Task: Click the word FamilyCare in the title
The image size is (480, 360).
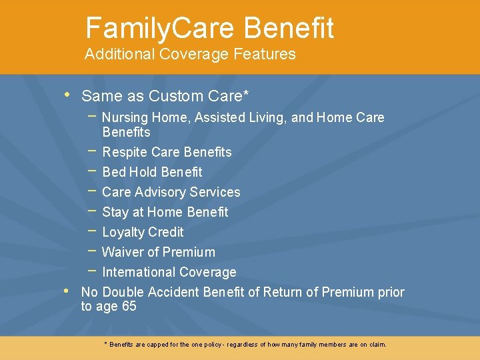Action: (160, 28)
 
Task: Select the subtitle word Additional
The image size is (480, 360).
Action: (117, 55)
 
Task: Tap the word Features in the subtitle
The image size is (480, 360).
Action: (265, 55)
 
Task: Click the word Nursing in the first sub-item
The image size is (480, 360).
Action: (125, 118)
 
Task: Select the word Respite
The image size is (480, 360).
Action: (125, 153)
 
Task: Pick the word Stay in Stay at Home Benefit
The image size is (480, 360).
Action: (115, 213)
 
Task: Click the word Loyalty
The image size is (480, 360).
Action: (123, 233)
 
